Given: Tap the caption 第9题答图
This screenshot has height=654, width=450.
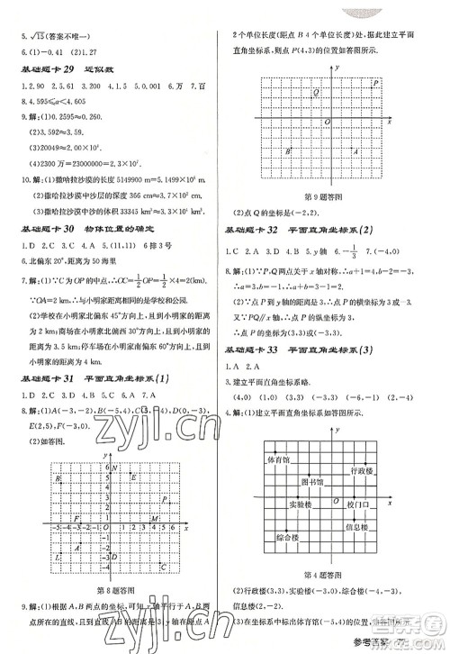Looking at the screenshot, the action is point(327,195).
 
